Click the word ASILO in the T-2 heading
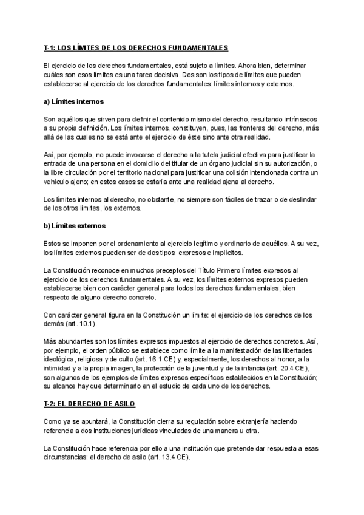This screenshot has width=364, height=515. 121,404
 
